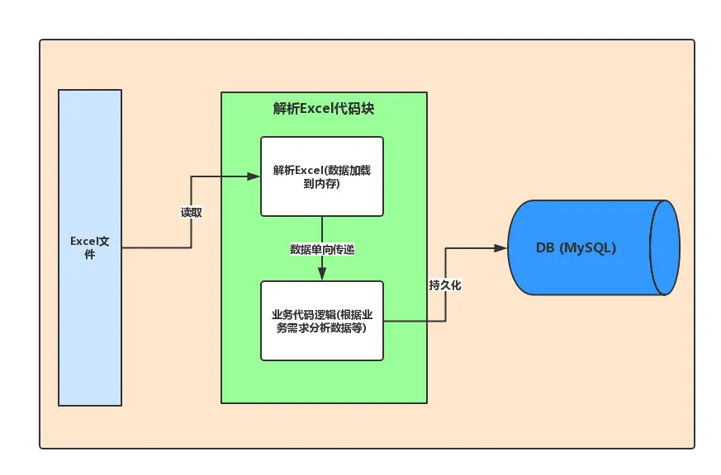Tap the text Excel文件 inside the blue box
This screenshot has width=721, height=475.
90,247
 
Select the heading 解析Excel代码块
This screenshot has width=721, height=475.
324,109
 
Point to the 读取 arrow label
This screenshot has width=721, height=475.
192,212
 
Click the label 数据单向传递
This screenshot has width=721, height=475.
322,249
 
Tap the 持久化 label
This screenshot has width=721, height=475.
444,285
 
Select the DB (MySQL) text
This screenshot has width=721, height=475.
576,247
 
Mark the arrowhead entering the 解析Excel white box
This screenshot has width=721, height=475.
254,176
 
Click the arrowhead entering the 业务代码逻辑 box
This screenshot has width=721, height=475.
322,275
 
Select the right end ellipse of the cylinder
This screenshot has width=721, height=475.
665,247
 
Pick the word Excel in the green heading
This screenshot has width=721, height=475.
315,109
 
